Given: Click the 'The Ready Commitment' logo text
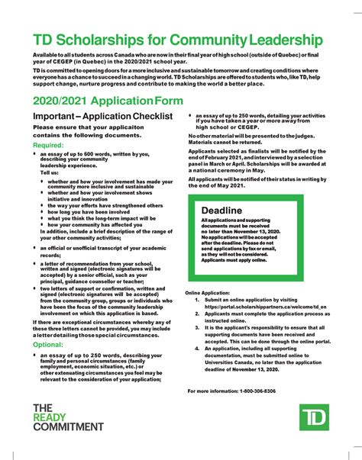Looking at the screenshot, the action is (67, 418).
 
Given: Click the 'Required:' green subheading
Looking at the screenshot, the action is (48, 144).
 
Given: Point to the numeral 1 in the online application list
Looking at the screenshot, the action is (197, 300).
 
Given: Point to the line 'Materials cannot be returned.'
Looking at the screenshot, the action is (226, 142).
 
